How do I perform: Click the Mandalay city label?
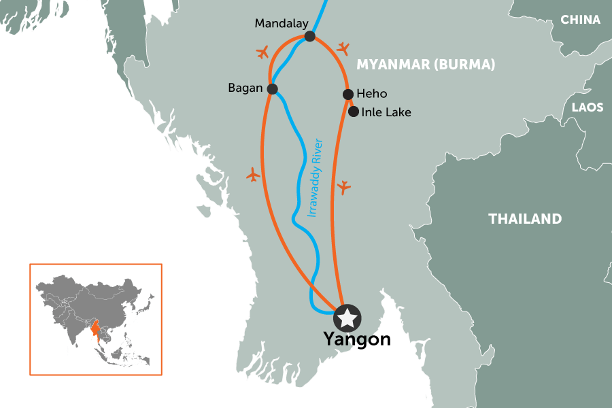tap(277, 24)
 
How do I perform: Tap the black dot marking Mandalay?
tap(310, 36)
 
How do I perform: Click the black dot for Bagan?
tap(273, 89)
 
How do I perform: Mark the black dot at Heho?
tap(348, 95)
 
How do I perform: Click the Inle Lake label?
tap(386, 112)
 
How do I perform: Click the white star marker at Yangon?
tap(347, 317)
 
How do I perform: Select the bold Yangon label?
tap(357, 339)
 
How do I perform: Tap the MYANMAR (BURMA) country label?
tap(426, 65)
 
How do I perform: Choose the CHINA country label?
tap(580, 20)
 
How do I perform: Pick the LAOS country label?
tap(587, 107)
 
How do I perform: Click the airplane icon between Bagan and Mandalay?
tap(262, 52)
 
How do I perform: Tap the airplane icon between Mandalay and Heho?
tap(343, 48)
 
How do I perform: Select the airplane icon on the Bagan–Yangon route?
tap(253, 175)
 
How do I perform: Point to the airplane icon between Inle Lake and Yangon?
tap(344, 186)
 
